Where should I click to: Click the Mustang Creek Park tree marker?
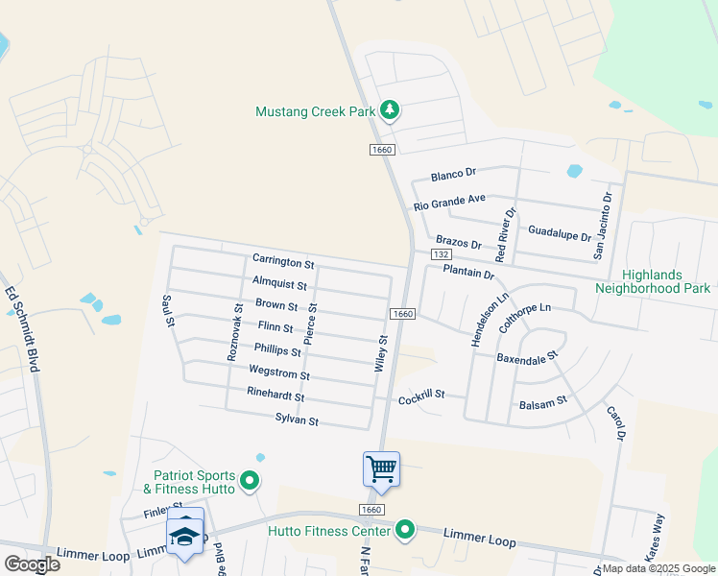tap(390, 111)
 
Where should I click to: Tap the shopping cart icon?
tap(381, 469)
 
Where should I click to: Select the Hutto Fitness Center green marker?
tap(406, 530)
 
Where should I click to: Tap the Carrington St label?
tap(283, 261)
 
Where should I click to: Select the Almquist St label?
tap(279, 285)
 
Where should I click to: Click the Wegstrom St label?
tap(278, 374)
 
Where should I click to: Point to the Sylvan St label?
tap(297, 420)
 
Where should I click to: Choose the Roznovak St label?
tap(233, 331)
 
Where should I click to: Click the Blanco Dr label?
tap(453, 175)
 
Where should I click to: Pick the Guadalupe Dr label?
tap(559, 231)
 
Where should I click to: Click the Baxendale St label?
tap(526, 359)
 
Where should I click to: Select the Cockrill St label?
tap(421, 395)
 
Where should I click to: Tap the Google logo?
tap(32, 564)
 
